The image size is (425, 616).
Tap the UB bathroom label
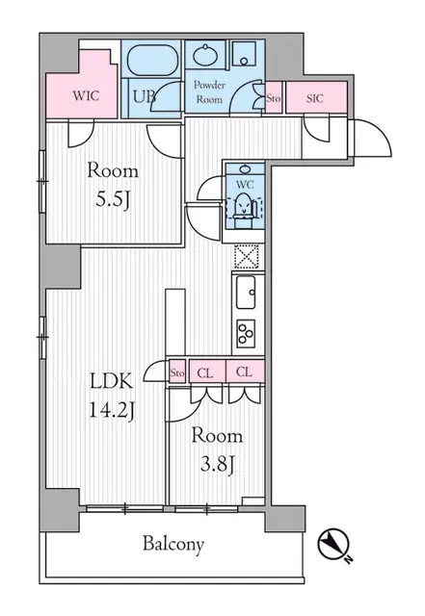145,96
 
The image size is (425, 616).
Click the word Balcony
174,545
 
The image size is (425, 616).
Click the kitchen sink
245,289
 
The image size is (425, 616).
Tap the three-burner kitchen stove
245,334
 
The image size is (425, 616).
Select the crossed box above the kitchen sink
245,256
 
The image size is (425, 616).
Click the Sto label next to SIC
274,96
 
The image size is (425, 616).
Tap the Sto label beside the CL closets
177,372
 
